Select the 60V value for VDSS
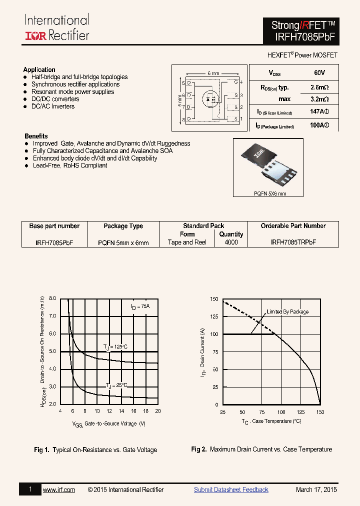[x=319, y=73]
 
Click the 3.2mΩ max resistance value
[x=319, y=99]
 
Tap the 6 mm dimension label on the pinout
[x=213, y=73]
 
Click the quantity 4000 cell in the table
[x=231, y=242]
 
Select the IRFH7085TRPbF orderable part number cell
[x=293, y=242]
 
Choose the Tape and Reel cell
[x=187, y=242]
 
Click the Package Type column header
[x=123, y=226]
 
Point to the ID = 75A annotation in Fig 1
[x=140, y=306]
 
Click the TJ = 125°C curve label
[x=115, y=347]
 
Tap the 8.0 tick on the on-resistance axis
[x=52, y=298]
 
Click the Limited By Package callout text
[x=287, y=311]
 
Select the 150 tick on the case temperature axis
[x=320, y=412]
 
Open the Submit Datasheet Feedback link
[x=231, y=489]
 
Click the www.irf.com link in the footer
[x=59, y=489]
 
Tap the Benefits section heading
[x=36, y=136]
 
